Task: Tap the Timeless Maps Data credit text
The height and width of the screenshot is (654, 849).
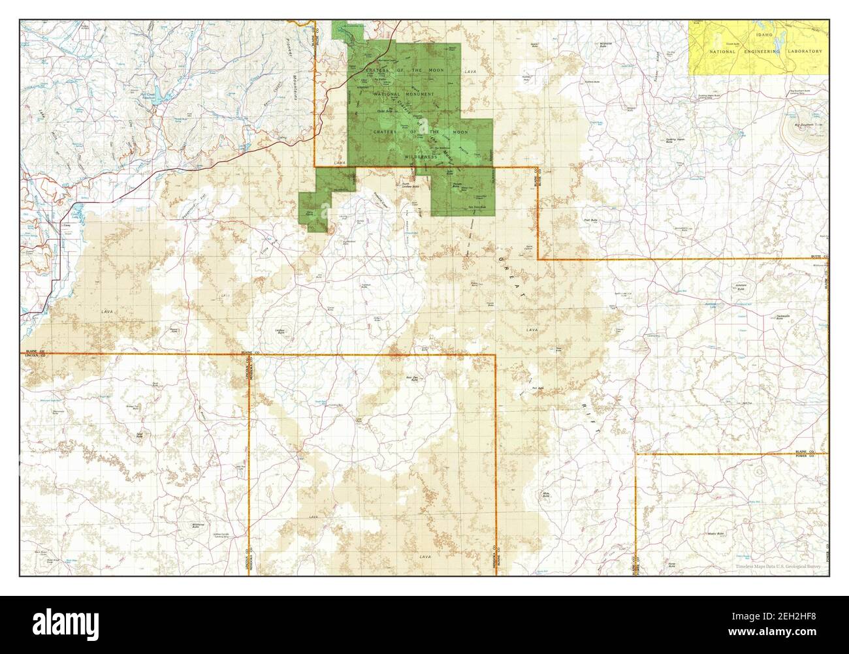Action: coord(777,567)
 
